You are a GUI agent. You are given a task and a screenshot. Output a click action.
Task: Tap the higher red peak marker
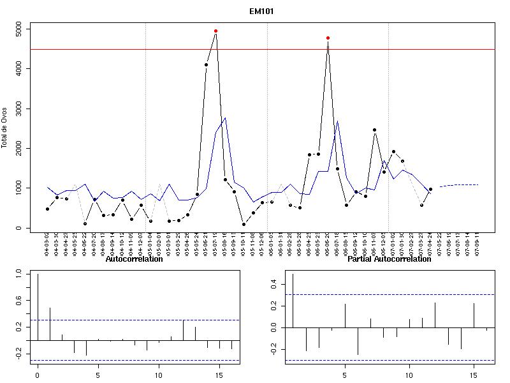[215, 31]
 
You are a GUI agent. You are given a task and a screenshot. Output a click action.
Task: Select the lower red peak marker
[328, 38]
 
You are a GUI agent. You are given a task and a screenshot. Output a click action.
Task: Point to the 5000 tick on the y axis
[19, 29]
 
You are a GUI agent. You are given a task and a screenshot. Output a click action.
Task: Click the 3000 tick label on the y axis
[19, 109]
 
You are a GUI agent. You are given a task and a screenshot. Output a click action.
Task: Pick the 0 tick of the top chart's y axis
[19, 228]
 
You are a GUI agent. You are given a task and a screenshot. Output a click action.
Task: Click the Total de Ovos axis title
[4, 128]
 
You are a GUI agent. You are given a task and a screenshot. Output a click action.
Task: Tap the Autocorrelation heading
[134, 259]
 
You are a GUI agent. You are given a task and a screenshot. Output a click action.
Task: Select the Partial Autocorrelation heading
[389, 259]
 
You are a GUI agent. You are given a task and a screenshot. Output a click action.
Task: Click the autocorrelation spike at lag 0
[38, 306]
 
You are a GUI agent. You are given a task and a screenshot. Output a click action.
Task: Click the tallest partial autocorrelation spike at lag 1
[293, 300]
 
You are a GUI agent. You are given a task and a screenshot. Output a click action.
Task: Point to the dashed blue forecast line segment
[459, 185]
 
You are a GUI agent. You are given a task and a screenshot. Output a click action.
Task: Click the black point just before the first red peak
[206, 64]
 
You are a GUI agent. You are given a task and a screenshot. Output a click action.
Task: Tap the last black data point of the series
[430, 189]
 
